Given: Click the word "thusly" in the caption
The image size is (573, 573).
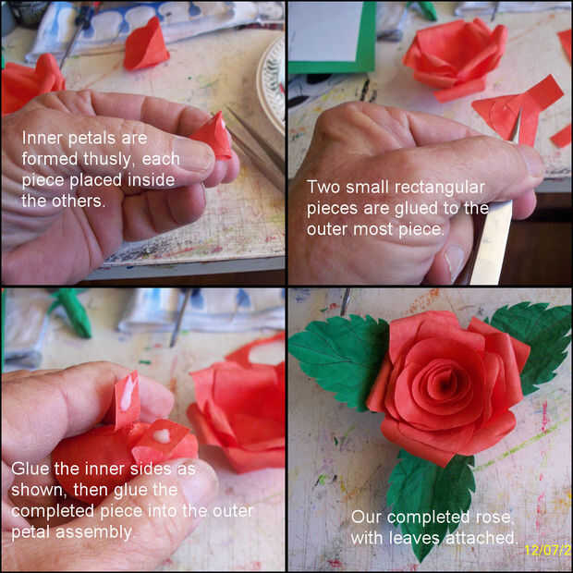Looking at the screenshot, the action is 106,160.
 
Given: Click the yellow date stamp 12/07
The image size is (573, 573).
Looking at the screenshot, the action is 548,550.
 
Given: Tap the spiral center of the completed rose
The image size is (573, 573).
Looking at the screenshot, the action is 445,385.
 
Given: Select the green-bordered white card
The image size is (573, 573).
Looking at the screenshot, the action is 332,37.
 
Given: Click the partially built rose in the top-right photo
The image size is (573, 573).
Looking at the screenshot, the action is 455,58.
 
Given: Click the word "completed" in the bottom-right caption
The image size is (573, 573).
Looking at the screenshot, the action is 430,518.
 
